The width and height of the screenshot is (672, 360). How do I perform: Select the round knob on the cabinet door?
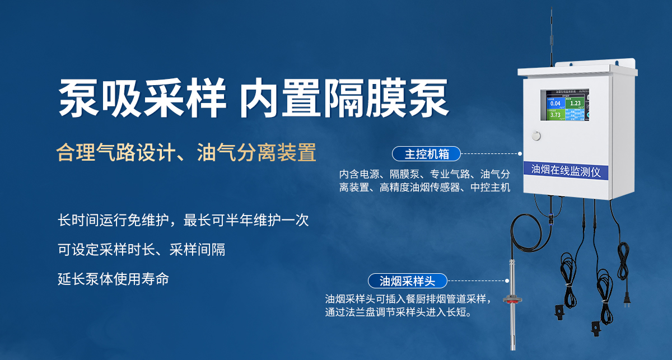click(536, 135)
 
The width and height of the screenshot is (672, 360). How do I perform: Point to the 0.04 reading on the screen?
click(555, 104)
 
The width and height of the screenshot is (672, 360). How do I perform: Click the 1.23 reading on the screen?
click(575, 103)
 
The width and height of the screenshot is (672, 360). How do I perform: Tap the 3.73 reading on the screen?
click(555, 115)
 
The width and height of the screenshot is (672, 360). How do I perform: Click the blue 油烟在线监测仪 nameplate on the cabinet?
click(566, 171)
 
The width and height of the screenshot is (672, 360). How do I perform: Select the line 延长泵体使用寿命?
click(113, 278)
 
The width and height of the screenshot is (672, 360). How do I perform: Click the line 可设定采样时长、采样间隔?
click(142, 250)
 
